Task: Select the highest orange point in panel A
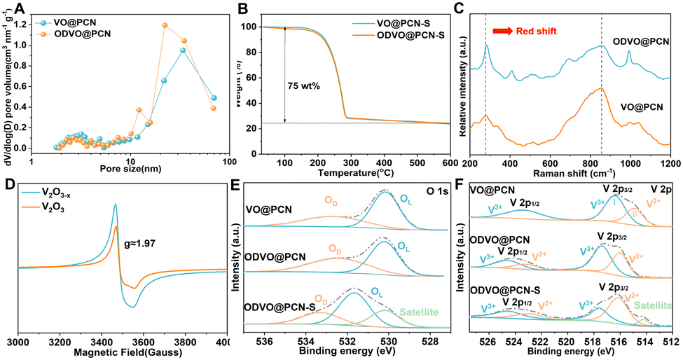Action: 165,25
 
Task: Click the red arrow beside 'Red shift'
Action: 502,32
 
